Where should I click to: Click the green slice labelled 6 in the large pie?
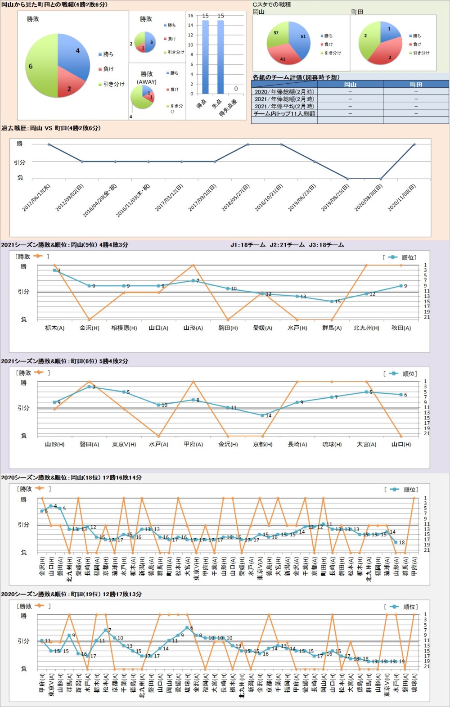(x=38, y=68)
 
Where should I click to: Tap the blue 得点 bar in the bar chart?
(x=205, y=56)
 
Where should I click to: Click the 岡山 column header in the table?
(x=350, y=85)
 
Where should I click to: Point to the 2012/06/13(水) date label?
(x=37, y=198)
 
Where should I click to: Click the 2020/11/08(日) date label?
(x=402, y=198)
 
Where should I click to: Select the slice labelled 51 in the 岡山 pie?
(x=301, y=39)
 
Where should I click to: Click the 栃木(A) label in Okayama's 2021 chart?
(x=54, y=328)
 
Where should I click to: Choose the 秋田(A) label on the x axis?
(x=401, y=328)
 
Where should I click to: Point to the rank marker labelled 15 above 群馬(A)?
(x=332, y=302)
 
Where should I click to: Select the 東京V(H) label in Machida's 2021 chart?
(x=124, y=444)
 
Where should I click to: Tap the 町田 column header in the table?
(x=416, y=85)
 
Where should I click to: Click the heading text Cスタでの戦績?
(x=271, y=5)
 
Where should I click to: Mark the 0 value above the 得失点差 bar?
(x=236, y=89)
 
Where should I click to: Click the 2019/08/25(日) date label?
(x=335, y=198)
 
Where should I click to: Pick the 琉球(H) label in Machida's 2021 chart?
(x=332, y=444)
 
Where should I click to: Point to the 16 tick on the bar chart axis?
(x=190, y=16)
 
